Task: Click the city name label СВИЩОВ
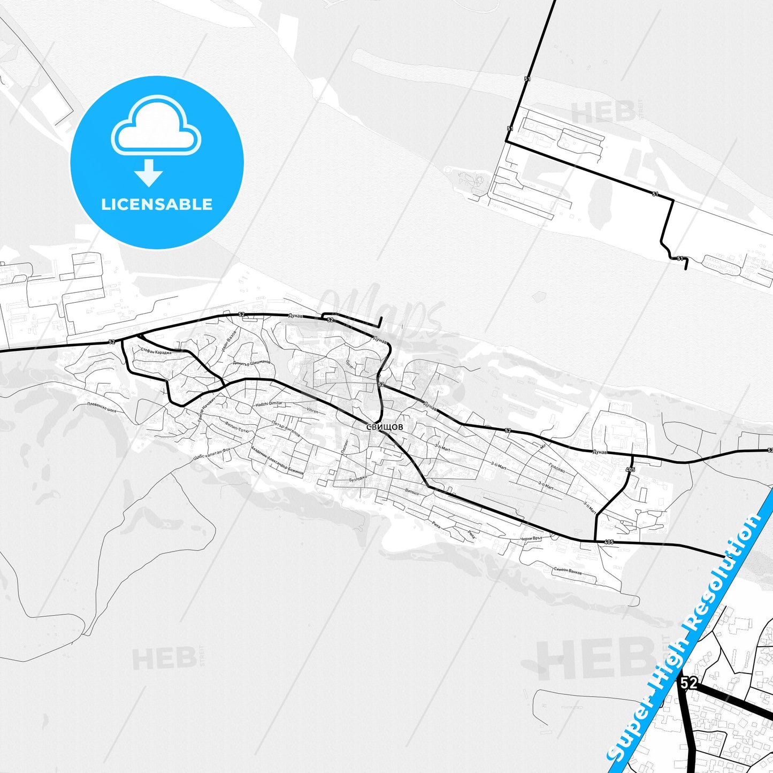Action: pos(385,427)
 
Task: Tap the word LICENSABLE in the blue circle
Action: pos(157,204)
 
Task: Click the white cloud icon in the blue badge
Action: pos(156,126)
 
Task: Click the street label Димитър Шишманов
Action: pos(251,363)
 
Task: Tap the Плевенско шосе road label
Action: pos(102,407)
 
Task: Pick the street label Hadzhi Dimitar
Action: pos(269,403)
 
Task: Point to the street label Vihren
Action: pos(312,411)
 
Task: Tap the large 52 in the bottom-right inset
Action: pos(689,683)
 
